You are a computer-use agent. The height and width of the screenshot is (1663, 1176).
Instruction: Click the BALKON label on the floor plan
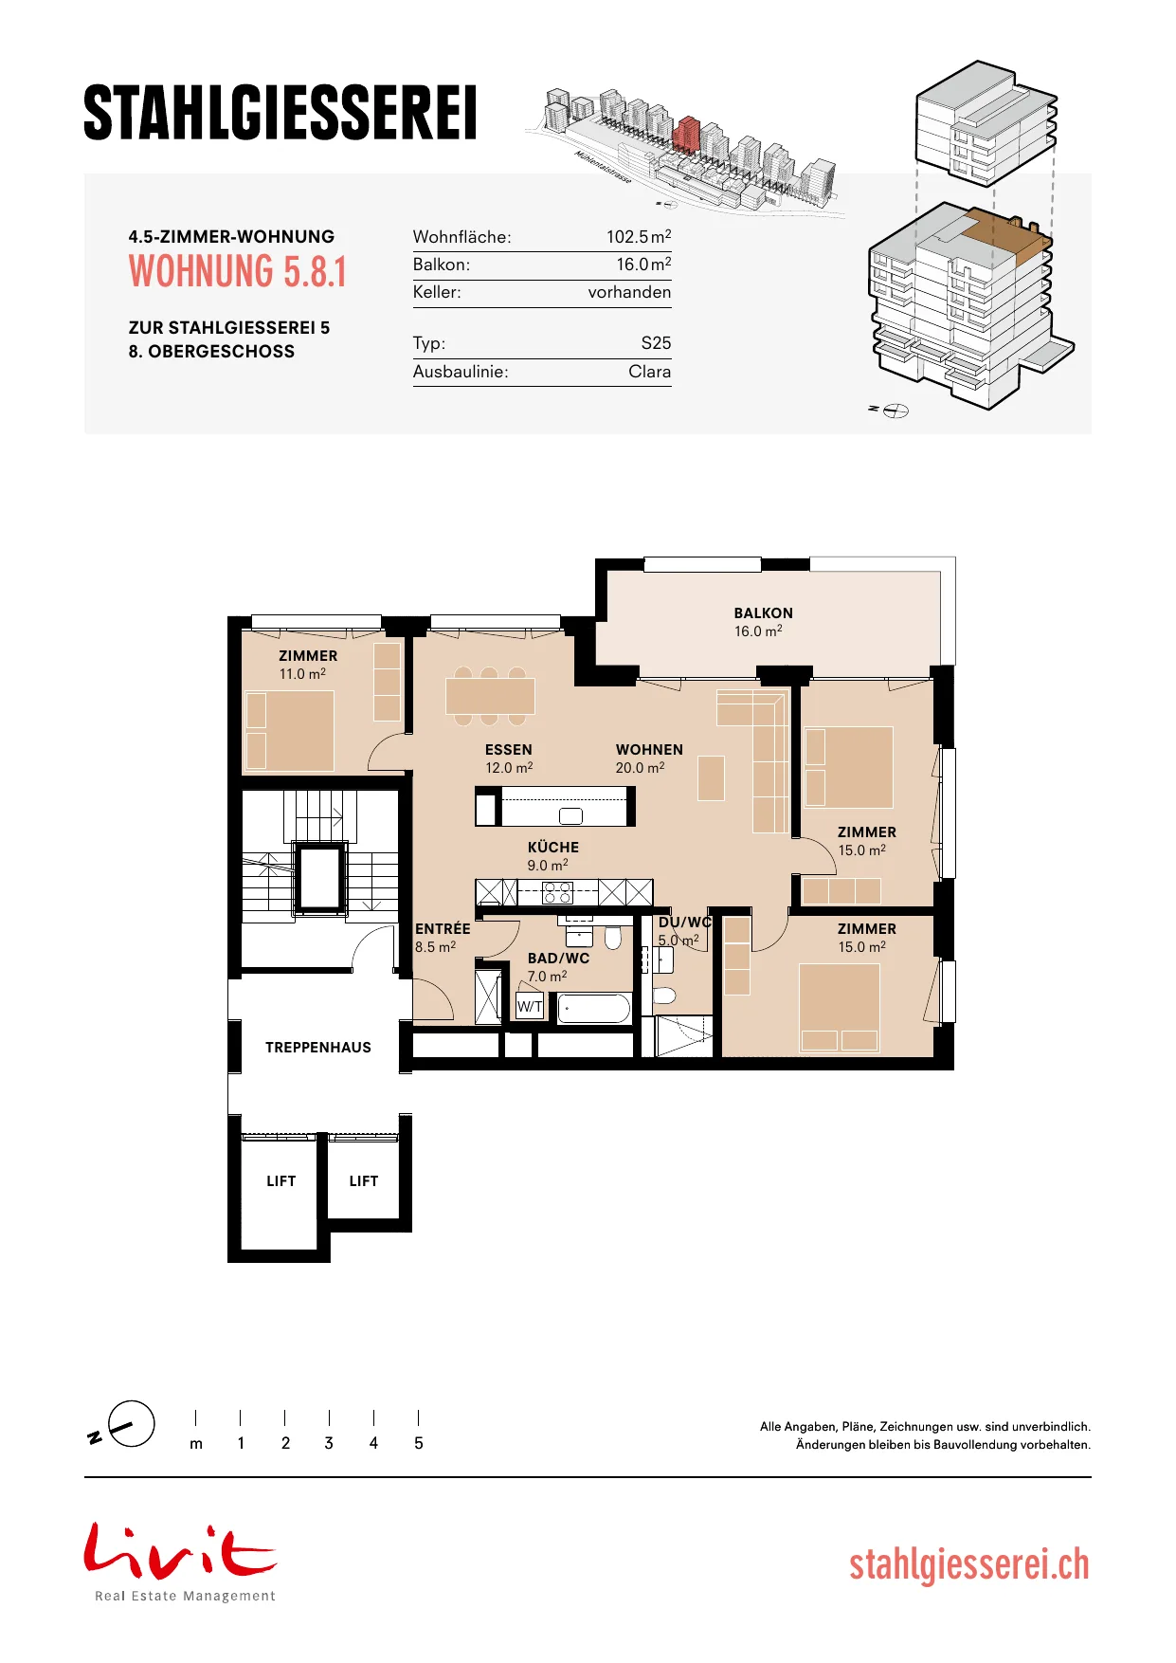point(763,613)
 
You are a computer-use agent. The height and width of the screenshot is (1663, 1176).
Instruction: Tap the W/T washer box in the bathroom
point(530,1006)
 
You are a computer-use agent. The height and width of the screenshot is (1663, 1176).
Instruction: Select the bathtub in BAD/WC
point(594,1008)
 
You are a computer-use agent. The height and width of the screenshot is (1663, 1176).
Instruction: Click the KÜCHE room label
point(553,848)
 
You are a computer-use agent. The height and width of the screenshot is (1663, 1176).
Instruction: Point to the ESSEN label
point(509,750)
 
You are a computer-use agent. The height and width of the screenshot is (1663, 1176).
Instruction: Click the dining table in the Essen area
point(490,696)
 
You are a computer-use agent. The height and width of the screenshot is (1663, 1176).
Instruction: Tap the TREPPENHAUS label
point(318,1048)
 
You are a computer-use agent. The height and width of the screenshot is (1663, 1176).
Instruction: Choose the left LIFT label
point(281,1181)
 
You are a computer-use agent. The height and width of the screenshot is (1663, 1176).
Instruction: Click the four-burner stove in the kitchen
point(557,892)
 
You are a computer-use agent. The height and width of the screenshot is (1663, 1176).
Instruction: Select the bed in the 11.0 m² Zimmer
point(290,730)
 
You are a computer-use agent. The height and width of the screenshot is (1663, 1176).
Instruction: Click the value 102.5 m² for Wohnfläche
point(639,236)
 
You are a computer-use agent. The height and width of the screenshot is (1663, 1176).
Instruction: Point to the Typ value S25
point(656,343)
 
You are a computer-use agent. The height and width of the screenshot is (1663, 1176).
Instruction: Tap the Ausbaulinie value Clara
point(649,372)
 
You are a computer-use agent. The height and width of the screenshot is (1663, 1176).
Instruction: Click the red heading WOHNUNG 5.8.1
point(238,272)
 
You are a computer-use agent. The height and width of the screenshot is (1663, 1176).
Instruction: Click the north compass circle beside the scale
point(132,1423)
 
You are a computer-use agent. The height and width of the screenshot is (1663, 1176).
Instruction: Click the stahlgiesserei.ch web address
point(969,1565)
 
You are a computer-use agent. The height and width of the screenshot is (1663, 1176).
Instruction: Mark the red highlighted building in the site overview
point(687,135)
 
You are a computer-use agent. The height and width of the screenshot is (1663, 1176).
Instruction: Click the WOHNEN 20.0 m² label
point(649,758)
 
